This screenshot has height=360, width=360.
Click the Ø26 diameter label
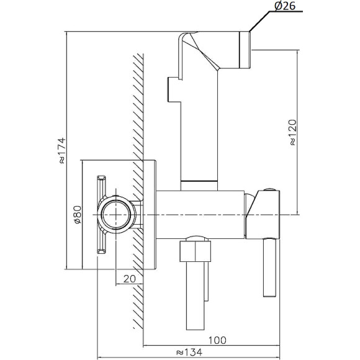click(x=285, y=6)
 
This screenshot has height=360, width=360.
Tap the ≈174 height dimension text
click(x=62, y=150)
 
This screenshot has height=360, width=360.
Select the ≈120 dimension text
click(x=293, y=132)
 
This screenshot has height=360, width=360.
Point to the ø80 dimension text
click(x=78, y=214)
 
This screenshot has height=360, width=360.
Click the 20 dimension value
click(x=130, y=279)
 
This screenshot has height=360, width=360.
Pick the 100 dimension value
click(x=217, y=340)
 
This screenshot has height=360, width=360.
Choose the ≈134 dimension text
click(x=189, y=352)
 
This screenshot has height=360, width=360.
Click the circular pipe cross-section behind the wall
click(x=116, y=215)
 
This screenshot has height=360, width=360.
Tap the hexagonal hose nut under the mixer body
click(x=195, y=251)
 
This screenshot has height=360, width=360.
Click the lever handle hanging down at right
click(x=269, y=268)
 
